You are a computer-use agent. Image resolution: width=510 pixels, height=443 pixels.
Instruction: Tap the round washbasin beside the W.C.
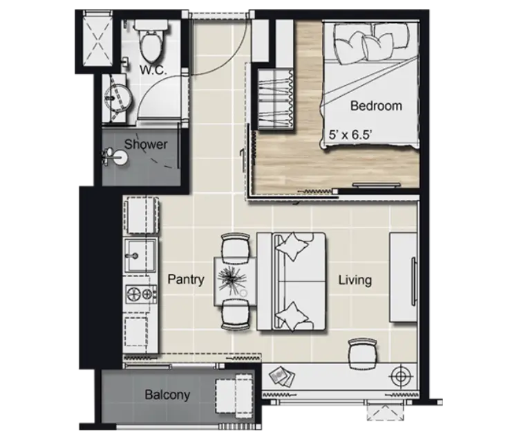tap(118, 98)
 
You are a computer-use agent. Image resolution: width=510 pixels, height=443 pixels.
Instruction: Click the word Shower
tap(146, 144)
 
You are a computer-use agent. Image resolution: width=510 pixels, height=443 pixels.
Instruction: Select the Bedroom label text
tap(376, 106)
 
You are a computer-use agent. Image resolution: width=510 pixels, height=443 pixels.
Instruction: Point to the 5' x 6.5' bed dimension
tap(350, 134)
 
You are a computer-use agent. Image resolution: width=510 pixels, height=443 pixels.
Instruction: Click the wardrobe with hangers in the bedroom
tap(276, 99)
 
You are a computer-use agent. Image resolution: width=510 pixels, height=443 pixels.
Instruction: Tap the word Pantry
tap(186, 280)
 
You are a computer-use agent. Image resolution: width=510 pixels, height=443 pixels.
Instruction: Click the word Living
tap(355, 280)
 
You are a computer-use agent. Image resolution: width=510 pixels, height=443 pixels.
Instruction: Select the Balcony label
tap(167, 395)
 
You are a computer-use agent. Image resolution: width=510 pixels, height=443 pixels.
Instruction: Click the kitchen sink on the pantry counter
tap(140, 255)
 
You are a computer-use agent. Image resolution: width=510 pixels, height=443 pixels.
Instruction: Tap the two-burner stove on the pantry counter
tap(141, 293)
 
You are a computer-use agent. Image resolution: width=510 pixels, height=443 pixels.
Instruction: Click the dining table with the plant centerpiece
tap(235, 281)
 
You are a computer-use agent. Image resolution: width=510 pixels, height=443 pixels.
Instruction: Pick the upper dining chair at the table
tap(236, 247)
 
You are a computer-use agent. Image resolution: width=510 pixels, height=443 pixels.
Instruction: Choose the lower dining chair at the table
tap(236, 314)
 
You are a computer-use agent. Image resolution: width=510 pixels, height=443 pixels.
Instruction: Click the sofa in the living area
tap(292, 282)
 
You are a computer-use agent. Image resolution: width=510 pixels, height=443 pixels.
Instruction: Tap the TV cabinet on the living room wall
tap(404, 277)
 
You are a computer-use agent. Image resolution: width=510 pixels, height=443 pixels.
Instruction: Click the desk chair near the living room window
tap(363, 354)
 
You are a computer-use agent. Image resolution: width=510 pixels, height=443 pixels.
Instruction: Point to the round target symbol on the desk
tap(401, 377)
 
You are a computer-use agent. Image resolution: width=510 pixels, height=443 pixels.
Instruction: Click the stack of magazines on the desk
tap(282, 377)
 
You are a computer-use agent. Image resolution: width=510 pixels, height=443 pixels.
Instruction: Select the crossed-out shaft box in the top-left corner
tap(97, 39)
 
